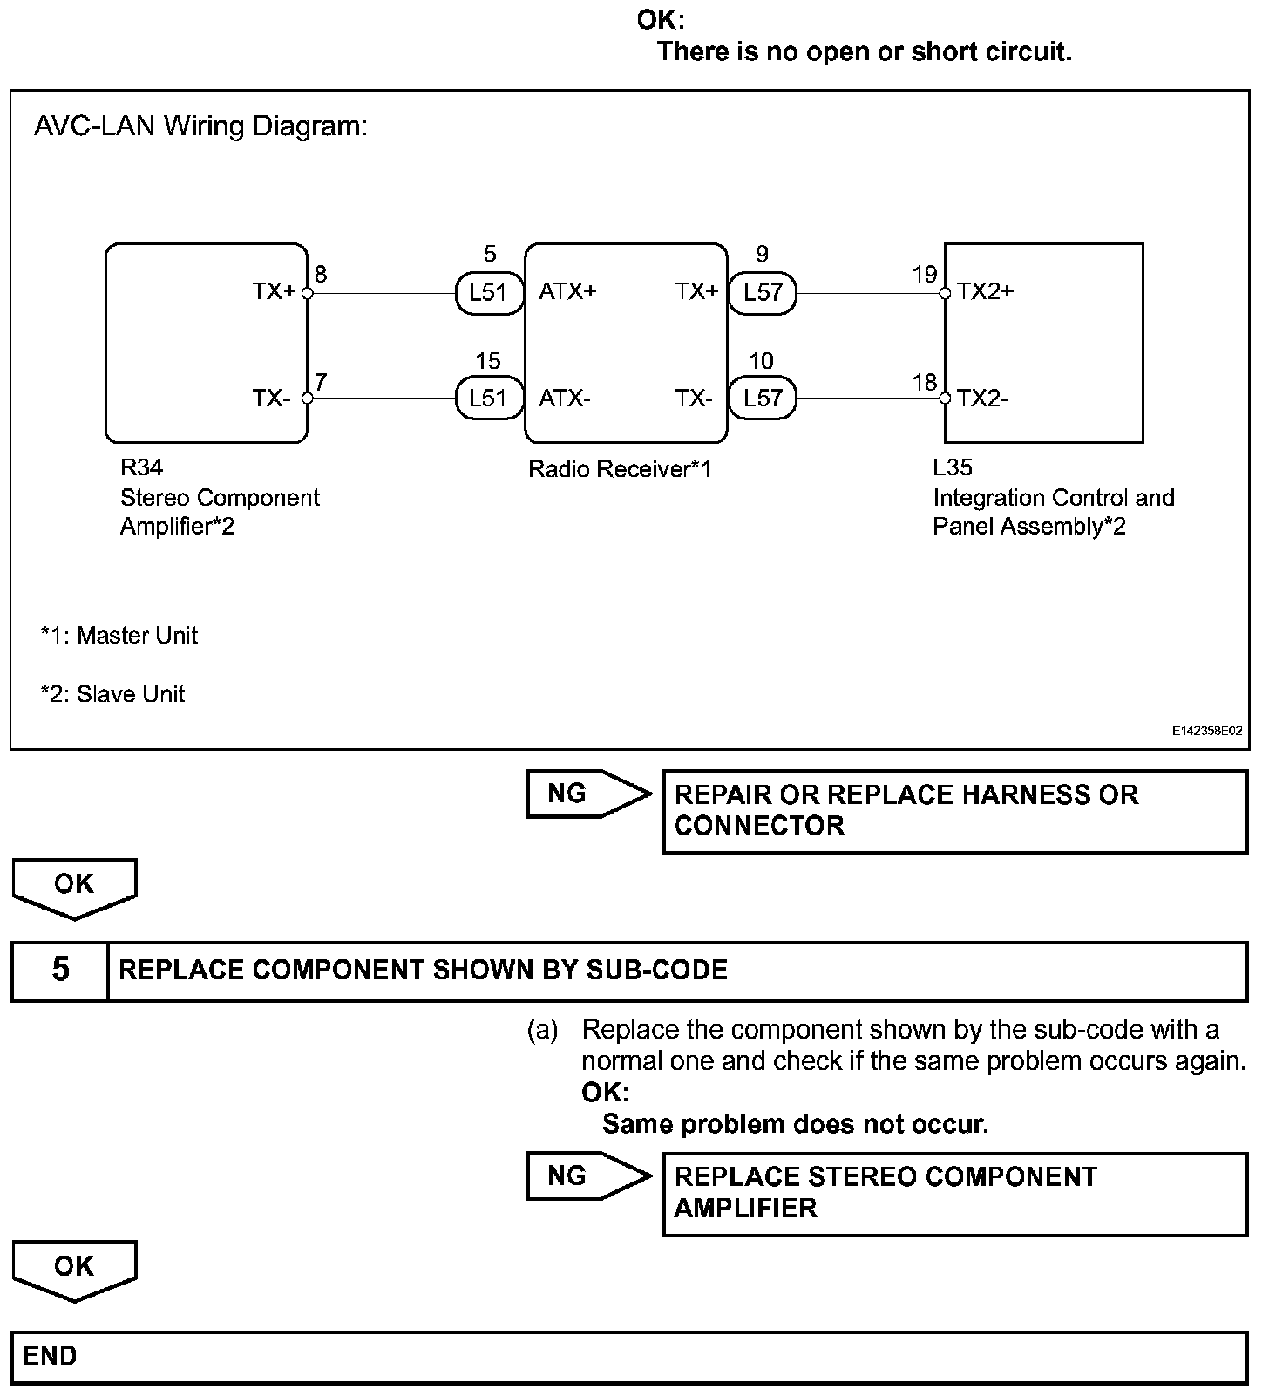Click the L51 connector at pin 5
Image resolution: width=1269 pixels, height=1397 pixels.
click(x=488, y=293)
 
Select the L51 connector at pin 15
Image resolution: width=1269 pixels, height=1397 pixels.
click(x=488, y=399)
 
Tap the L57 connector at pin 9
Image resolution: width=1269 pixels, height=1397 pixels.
click(x=763, y=293)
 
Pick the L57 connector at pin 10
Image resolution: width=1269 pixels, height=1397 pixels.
click(x=763, y=399)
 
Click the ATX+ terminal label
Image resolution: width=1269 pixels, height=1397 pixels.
click(x=567, y=291)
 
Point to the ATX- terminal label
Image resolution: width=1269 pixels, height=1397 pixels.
click(x=565, y=399)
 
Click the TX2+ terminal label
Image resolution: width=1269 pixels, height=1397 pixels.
click(x=985, y=291)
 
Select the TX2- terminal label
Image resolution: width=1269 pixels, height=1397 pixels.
click(x=982, y=399)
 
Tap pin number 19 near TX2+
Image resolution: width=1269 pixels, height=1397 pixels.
click(x=924, y=275)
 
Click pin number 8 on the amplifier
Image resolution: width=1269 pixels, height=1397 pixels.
click(x=321, y=275)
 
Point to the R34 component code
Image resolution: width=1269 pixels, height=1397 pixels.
click(x=141, y=468)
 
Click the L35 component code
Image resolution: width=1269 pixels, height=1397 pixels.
click(x=952, y=468)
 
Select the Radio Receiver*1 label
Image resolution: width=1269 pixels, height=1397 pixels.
click(x=620, y=470)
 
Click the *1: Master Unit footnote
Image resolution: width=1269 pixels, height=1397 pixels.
click(x=119, y=636)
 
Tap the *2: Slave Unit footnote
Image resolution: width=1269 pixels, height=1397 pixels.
click(x=113, y=694)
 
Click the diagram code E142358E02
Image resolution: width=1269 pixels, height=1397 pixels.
click(x=1206, y=732)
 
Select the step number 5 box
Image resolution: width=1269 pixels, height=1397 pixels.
click(x=59, y=970)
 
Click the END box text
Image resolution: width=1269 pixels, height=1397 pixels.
click(x=51, y=1356)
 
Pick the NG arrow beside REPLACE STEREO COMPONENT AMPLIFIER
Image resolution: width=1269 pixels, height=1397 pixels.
click(x=588, y=1176)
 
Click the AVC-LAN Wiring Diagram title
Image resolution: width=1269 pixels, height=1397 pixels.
click(x=200, y=127)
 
